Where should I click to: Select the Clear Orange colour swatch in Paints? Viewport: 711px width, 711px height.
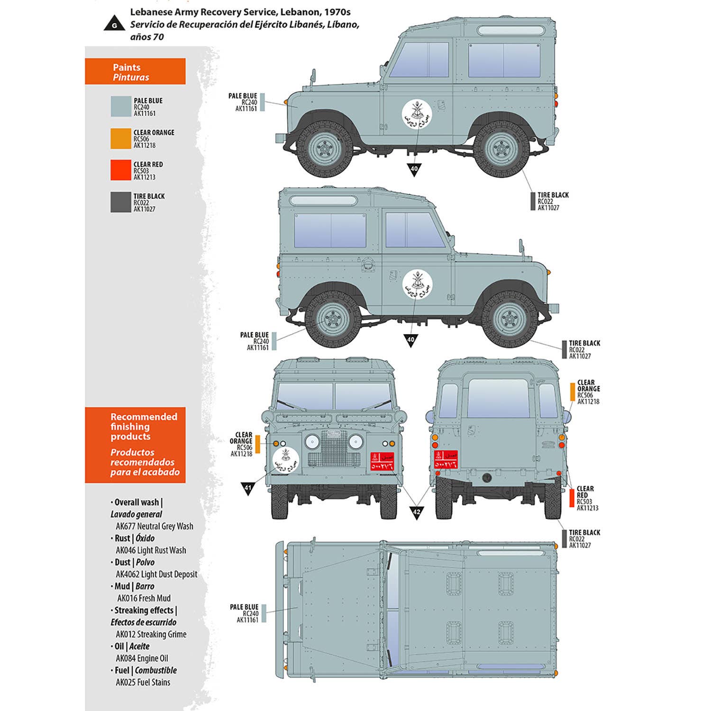point(120,139)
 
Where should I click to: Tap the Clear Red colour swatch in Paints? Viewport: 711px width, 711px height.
point(120,170)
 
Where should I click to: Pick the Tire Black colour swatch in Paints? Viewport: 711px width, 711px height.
point(120,202)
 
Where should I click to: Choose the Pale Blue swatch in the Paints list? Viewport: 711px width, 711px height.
point(120,107)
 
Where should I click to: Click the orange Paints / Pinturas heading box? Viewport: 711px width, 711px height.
point(135,72)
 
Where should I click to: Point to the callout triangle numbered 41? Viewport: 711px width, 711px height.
point(248,488)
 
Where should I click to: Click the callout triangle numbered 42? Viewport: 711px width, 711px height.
point(416,512)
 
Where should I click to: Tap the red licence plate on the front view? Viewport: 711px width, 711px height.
point(382,461)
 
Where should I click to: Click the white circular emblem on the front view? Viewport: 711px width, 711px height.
point(286,459)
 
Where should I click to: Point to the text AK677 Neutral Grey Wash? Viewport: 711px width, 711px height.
point(155,526)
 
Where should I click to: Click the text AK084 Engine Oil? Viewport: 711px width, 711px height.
point(142,658)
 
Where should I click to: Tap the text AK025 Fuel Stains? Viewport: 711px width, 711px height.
point(143,683)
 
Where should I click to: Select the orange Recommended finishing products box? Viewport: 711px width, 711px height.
point(135,445)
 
